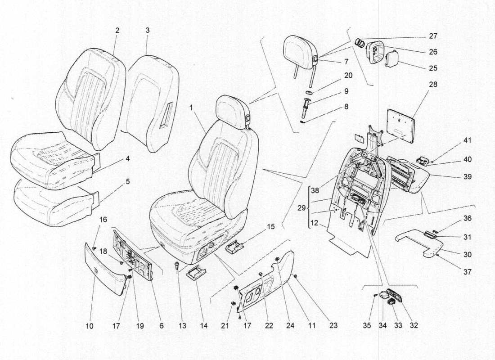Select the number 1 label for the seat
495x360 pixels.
pos(191,108)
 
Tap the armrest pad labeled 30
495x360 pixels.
pos(421,243)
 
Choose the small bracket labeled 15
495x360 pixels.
pos(234,247)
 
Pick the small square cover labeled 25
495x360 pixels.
pos(391,58)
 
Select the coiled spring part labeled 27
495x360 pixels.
pos(360,42)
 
